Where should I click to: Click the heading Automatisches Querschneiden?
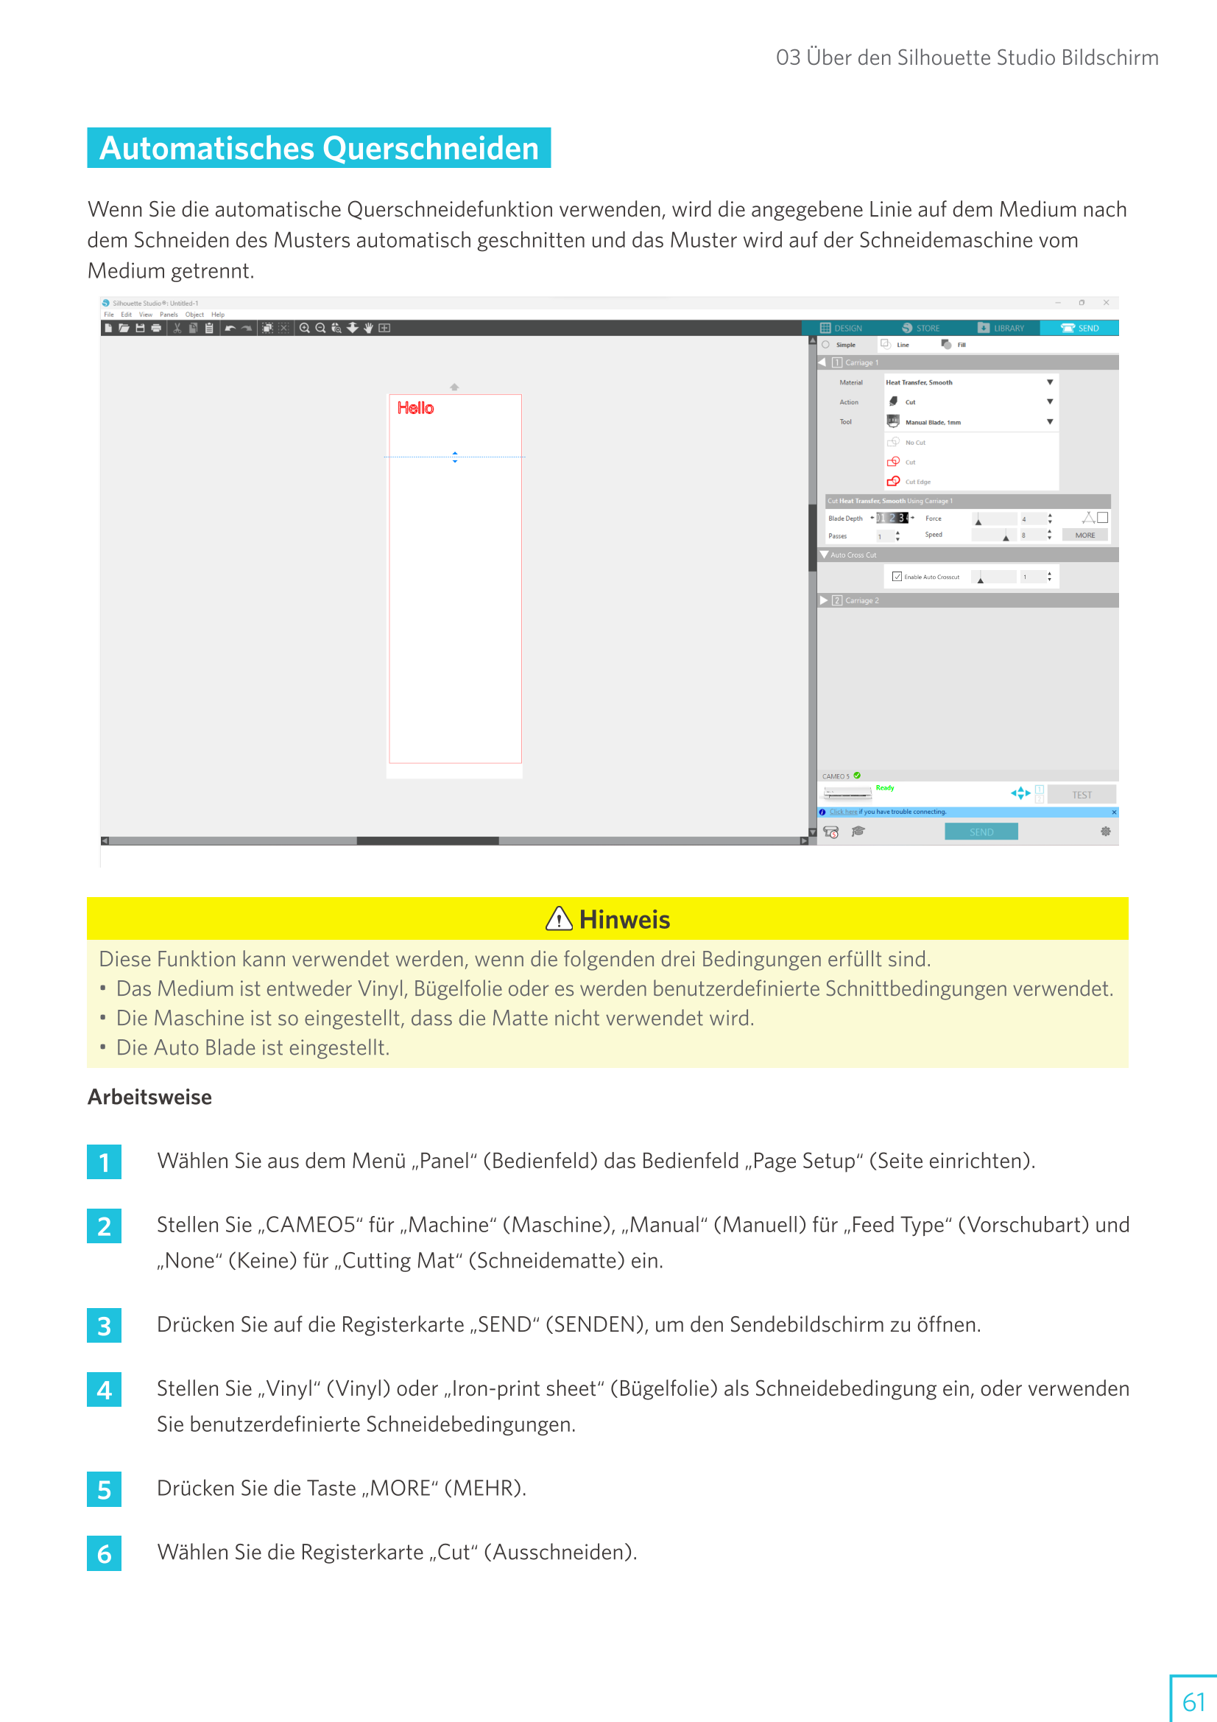319,148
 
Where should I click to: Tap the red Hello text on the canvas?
415,408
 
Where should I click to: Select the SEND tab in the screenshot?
1080,328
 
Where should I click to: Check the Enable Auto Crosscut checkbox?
897,577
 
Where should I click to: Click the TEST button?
1082,795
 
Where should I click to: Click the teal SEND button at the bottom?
981,832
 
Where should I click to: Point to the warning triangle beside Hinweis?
559,918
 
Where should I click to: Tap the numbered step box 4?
105,1390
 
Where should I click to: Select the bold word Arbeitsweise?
149,1097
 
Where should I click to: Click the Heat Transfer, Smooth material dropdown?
970,382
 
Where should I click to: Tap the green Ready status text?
885,788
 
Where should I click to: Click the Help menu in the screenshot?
217,315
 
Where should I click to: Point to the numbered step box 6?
105,1553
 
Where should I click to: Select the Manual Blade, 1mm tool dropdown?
970,422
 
